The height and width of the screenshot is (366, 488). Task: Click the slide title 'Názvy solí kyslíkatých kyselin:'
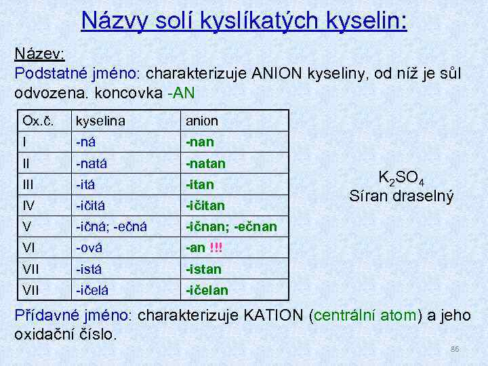click(244, 20)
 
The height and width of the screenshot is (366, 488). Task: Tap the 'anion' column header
click(202, 121)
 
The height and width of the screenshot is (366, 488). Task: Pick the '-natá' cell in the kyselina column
click(98, 163)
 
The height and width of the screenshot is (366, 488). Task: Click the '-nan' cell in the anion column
click(201, 142)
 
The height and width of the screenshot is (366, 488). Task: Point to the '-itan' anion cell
click(201, 184)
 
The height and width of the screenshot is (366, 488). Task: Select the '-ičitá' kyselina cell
click(97, 205)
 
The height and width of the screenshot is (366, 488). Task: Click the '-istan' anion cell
click(204, 269)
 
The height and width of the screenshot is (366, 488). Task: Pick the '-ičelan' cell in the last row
click(207, 291)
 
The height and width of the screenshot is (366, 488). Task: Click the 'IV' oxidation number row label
click(29, 205)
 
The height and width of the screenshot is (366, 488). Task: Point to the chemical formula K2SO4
click(401, 180)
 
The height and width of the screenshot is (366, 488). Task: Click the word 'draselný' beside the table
click(423, 197)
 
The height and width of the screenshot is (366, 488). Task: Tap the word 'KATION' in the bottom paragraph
click(272, 316)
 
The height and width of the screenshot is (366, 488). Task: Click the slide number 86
click(455, 349)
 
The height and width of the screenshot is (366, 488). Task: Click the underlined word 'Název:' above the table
click(39, 54)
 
